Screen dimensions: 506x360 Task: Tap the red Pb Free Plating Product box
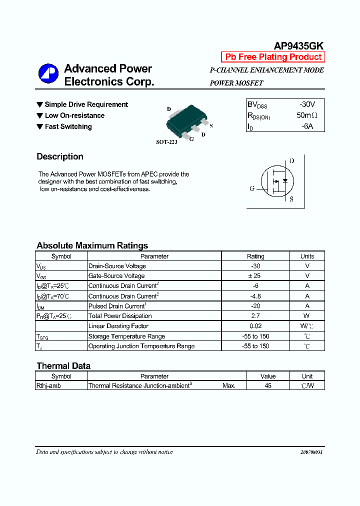[273, 57]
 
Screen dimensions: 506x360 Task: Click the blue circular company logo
[48, 73]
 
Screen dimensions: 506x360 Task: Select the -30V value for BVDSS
[307, 104]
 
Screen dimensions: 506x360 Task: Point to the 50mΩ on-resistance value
[307, 115]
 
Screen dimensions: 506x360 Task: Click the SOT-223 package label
[166, 142]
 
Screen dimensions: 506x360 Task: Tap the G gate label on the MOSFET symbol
[252, 188]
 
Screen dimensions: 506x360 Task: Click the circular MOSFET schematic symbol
[277, 181]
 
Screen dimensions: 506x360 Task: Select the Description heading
[60, 156]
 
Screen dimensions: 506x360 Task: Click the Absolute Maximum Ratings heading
[92, 245]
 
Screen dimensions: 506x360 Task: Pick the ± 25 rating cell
[255, 276]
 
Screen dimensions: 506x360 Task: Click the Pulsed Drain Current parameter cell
[117, 306]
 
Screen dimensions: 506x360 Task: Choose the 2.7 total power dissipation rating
[255, 316]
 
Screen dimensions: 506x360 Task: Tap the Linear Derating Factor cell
[118, 326]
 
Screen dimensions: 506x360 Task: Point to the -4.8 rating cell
[255, 296]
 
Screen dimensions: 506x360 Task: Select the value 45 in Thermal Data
[268, 386]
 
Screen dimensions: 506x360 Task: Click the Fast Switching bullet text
[68, 126]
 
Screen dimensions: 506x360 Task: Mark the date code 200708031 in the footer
[311, 452]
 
